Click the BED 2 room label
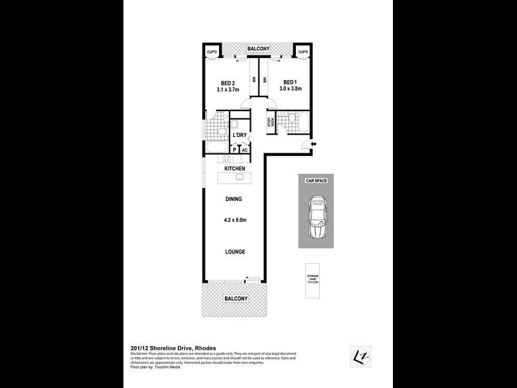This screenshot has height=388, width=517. tap(227, 83)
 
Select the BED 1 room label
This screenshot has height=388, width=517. tap(290, 82)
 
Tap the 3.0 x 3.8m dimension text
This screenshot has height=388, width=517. tap(290, 91)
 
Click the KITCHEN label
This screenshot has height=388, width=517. tap(235, 168)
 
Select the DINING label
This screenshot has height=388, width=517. tap(235, 200)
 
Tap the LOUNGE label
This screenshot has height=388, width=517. tap(235, 252)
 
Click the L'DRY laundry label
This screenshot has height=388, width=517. tap(239, 135)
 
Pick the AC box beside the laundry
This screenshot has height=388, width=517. tap(245, 149)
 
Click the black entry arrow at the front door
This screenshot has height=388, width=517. tap(313, 143)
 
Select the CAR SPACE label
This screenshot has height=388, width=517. tap(317, 181)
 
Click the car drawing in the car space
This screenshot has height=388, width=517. tap(317, 219)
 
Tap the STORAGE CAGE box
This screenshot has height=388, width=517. tap(313, 281)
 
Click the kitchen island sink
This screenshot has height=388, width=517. tap(238, 176)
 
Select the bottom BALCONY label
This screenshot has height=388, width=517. tap(235, 298)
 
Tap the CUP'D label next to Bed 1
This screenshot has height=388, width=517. tap(302, 52)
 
